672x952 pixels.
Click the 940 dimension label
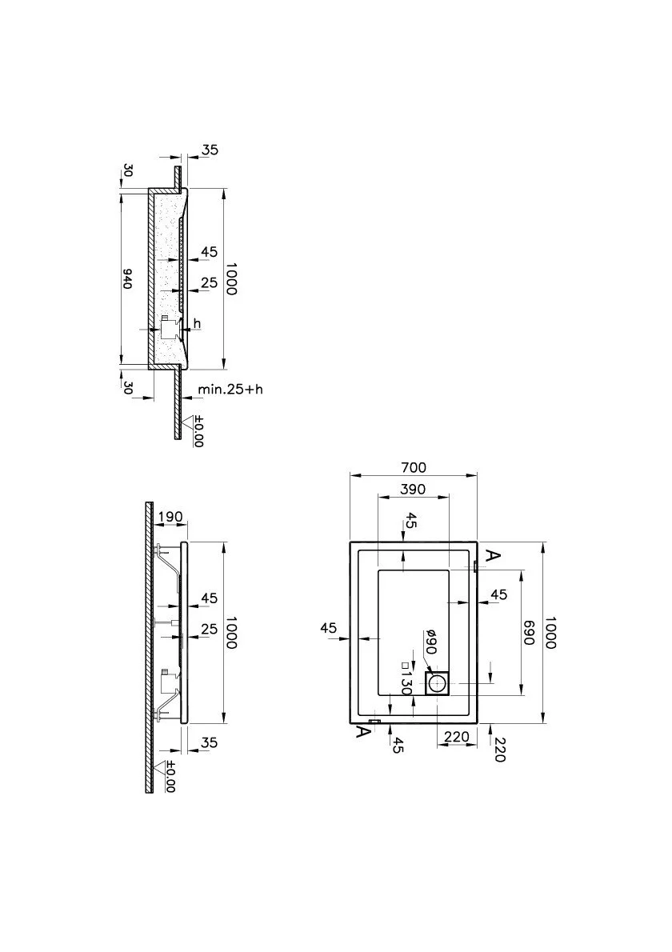[x=127, y=278]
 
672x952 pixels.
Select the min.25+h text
[x=230, y=389]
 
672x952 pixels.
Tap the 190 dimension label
[x=170, y=517]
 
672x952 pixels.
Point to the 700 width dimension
[x=414, y=467]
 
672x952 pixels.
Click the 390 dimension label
[x=413, y=489]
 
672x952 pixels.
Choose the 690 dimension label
[x=528, y=633]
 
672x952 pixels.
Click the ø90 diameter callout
[x=430, y=642]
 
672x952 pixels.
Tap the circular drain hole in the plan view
[x=438, y=684]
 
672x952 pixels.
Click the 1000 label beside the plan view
[x=550, y=633]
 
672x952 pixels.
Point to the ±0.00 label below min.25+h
[x=198, y=431]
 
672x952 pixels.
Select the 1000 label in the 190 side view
[x=230, y=633]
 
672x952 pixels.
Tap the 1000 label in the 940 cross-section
[x=230, y=278]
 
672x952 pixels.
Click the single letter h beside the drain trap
[x=197, y=324]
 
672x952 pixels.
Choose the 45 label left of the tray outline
[x=329, y=628]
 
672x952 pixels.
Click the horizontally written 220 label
[x=457, y=737]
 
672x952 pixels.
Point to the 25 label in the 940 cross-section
[x=209, y=282]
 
